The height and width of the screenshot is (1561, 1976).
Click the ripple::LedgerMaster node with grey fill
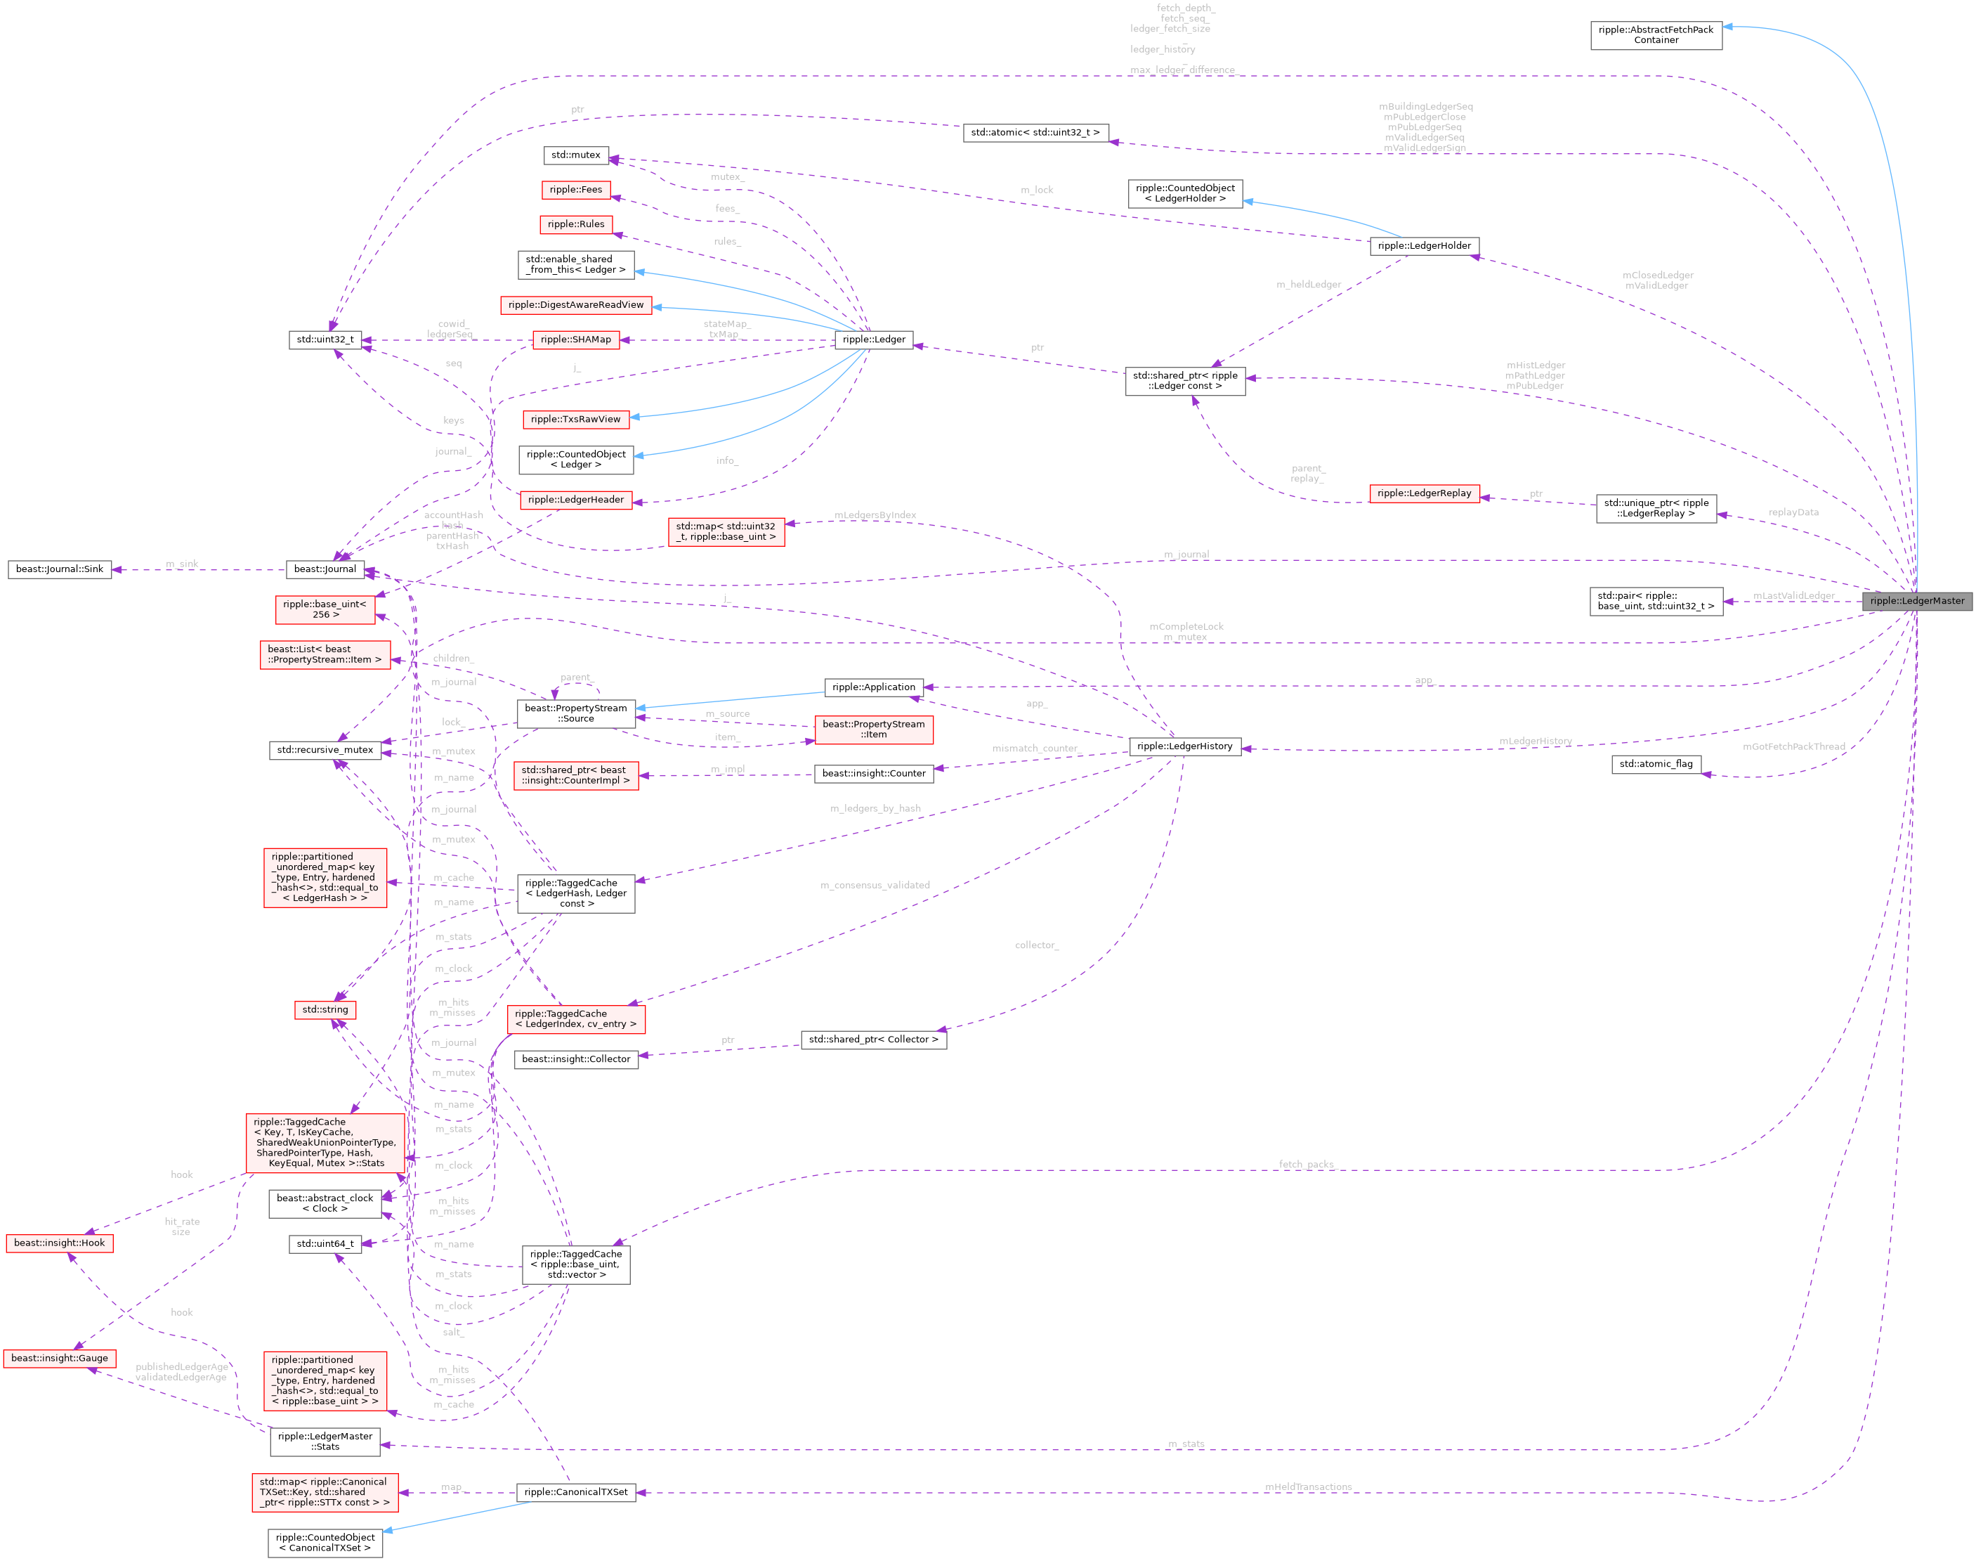[x=1916, y=600]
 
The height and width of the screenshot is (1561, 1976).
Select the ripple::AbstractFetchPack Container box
[x=1656, y=34]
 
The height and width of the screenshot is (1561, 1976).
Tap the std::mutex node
[x=575, y=155]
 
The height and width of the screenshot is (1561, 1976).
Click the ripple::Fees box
[x=575, y=189]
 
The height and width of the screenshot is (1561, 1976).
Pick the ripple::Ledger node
[x=873, y=339]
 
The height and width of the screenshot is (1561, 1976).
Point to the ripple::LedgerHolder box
[x=1423, y=246]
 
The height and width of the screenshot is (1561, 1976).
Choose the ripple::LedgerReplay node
[x=1423, y=493]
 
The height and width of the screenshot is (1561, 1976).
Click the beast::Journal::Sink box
[x=60, y=569]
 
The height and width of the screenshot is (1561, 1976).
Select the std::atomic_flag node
[x=1656, y=764]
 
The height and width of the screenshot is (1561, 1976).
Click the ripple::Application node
[x=873, y=687]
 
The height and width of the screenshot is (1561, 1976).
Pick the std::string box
[x=325, y=1010]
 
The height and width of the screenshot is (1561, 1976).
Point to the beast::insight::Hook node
[x=60, y=1243]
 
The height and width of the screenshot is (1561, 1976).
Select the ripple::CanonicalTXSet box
[x=575, y=1492]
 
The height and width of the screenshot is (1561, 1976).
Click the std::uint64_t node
[x=325, y=1244]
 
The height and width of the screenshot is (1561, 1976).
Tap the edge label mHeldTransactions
[x=1307, y=1487]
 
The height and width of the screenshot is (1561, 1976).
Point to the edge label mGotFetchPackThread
[x=1793, y=746]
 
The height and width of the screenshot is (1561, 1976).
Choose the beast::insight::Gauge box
[x=60, y=1358]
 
